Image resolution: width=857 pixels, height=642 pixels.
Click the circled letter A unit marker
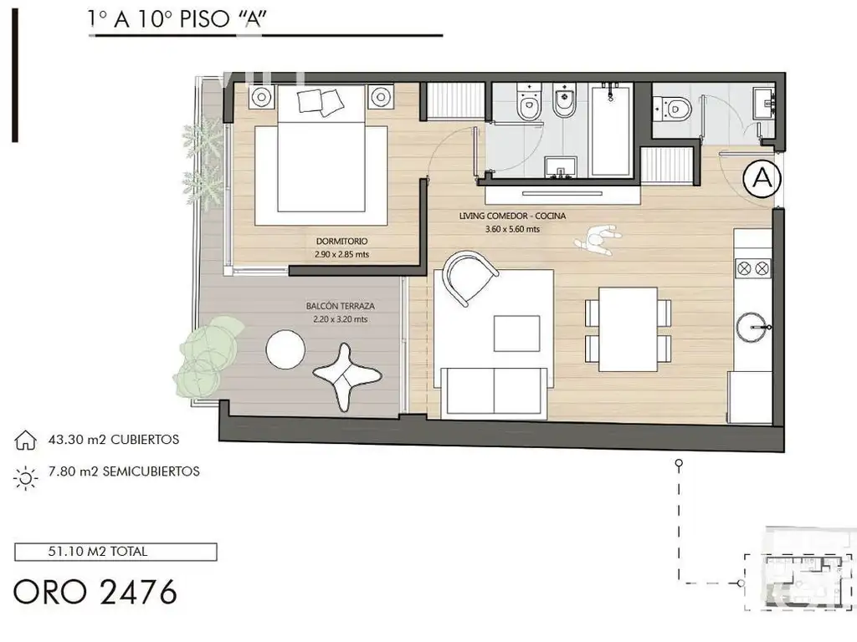click(762, 178)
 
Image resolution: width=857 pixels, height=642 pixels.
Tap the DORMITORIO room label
click(341, 242)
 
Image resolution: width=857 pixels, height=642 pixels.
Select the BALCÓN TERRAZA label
click(340, 306)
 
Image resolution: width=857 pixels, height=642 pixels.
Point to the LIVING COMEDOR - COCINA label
click(512, 217)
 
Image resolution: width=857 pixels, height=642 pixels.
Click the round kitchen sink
click(753, 327)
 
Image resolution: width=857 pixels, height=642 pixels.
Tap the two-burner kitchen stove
click(752, 268)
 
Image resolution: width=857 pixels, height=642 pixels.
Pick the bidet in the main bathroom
click(564, 100)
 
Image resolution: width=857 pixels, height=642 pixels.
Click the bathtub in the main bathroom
click(610, 129)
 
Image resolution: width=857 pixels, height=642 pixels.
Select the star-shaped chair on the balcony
click(346, 376)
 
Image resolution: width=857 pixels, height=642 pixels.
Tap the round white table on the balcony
click(285, 349)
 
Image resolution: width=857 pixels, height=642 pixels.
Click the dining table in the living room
click(628, 329)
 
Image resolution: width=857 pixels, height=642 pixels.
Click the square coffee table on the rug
click(516, 333)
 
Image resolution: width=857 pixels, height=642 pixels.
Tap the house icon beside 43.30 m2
click(25, 440)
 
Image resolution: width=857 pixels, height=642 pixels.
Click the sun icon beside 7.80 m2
click(25, 478)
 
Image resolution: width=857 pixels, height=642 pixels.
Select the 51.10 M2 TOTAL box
click(115, 552)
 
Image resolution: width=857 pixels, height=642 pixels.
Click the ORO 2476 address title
click(95, 592)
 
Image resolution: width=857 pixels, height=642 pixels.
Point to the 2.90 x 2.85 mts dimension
click(341, 254)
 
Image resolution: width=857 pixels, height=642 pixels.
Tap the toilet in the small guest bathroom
click(673, 108)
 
